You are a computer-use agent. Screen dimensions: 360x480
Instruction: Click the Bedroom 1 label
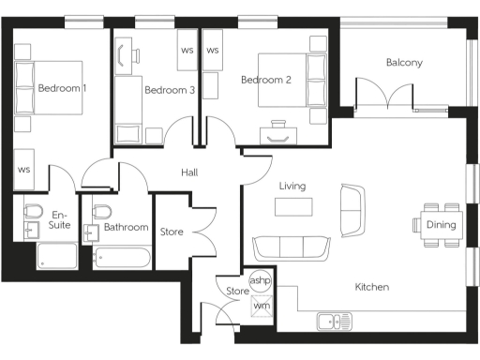coord(62,88)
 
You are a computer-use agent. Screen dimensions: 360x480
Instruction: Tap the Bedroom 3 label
coord(170,90)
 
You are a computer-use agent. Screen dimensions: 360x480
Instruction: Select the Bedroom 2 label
coord(266,80)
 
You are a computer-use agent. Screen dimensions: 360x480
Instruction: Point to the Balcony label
coord(404,63)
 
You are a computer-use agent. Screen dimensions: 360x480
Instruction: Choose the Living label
coord(292,186)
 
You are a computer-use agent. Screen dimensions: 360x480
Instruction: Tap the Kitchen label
coord(372,286)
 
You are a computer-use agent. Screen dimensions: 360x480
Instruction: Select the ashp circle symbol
coord(260,280)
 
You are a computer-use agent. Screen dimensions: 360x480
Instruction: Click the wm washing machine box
coord(261,304)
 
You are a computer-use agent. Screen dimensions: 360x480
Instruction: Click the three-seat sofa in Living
coord(292,247)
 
